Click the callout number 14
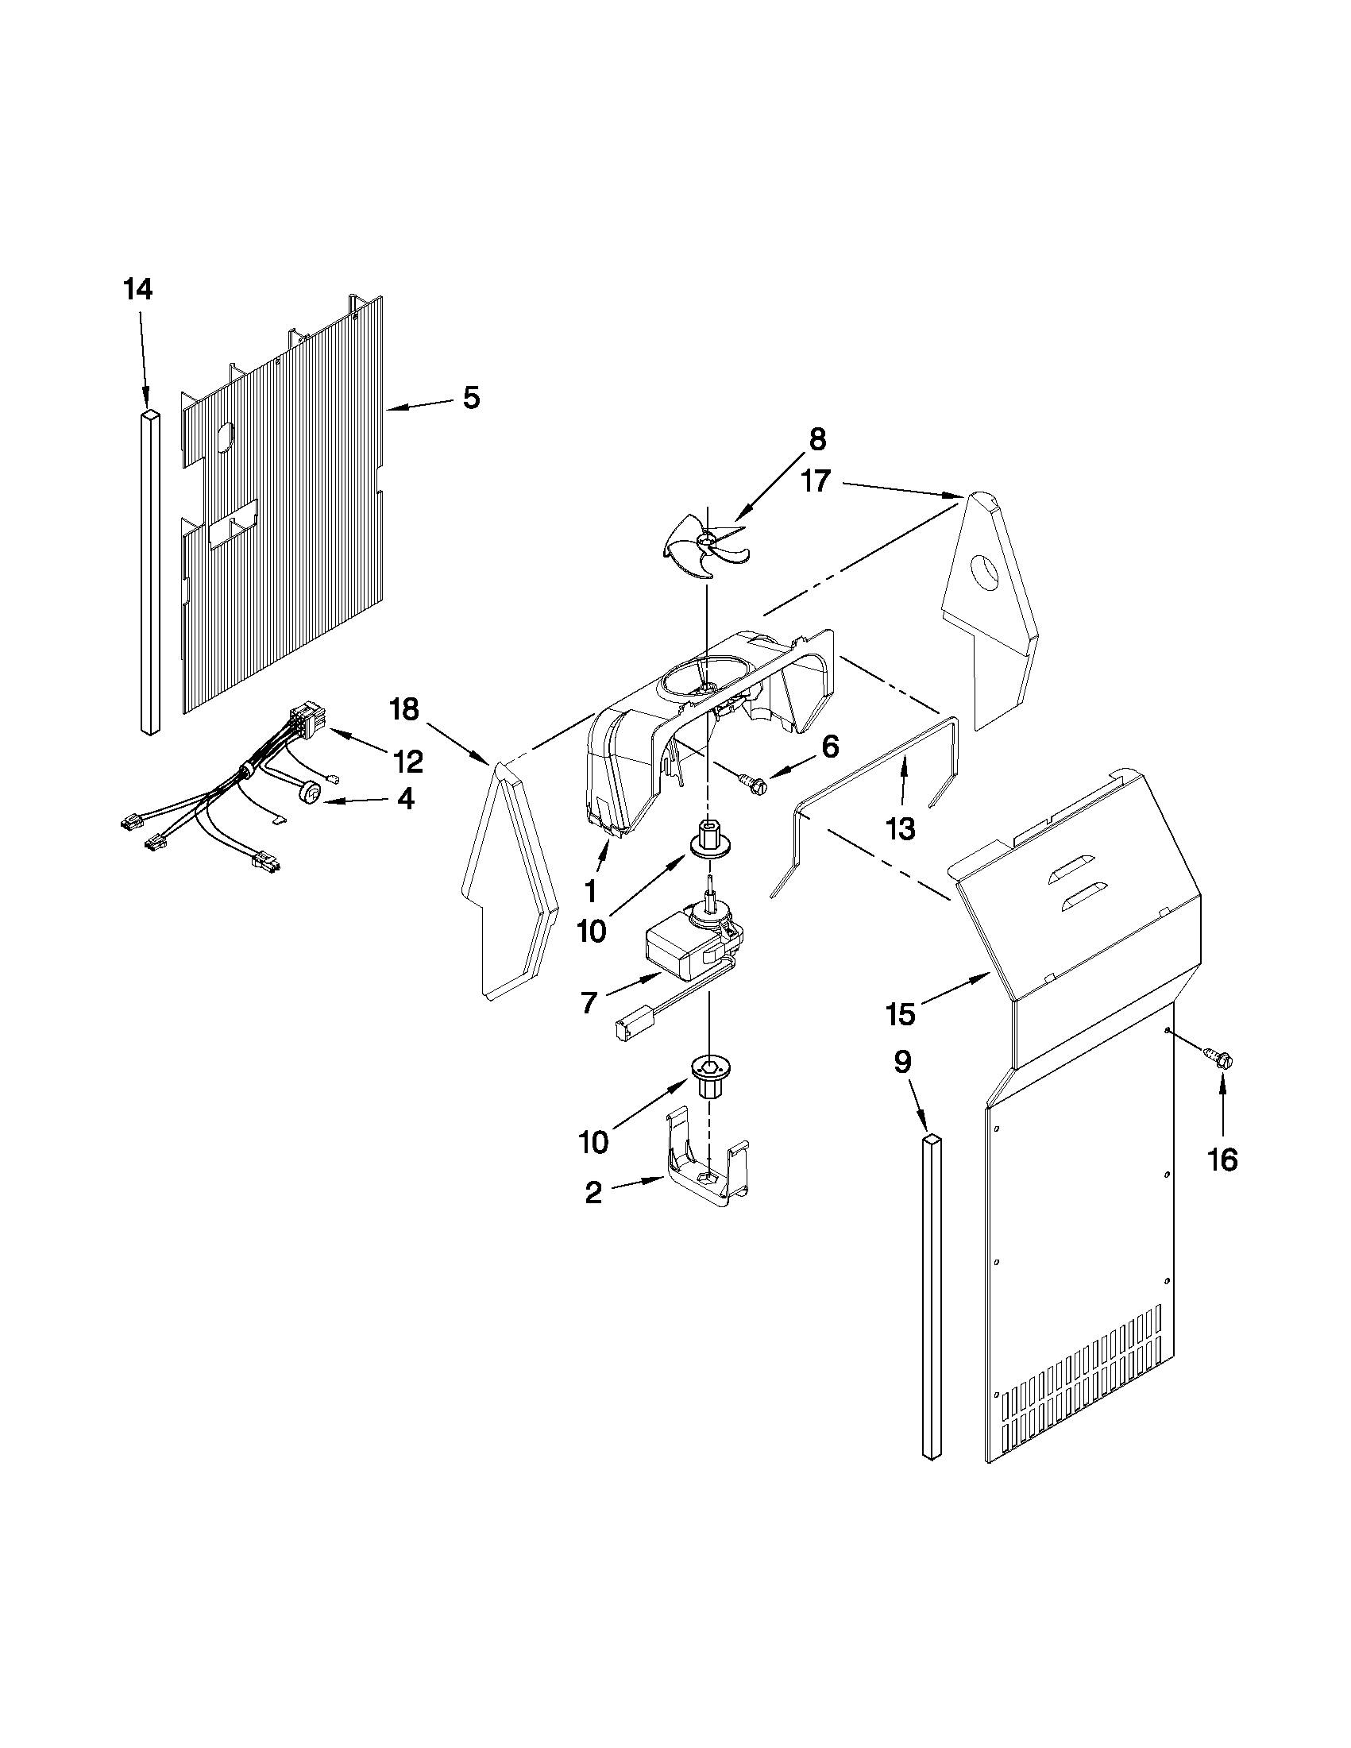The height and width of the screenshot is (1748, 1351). [137, 289]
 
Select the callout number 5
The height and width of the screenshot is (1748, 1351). [472, 398]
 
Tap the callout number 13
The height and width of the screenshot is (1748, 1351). [901, 828]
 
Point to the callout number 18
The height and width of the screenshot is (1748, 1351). [405, 709]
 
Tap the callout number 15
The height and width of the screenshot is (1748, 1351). [901, 1014]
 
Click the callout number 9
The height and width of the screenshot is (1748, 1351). [902, 1062]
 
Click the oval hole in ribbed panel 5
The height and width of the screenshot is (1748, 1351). [226, 435]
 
